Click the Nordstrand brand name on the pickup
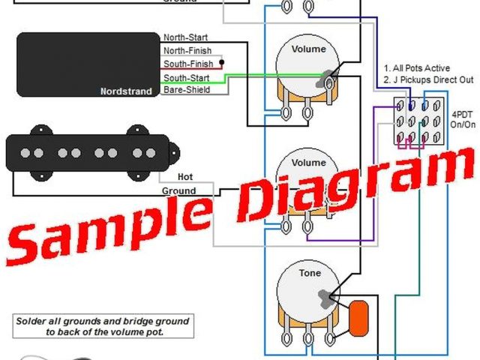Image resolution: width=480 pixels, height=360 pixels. [124, 91]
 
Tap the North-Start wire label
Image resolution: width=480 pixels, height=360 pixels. [185, 37]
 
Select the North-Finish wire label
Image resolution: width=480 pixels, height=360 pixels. [187, 50]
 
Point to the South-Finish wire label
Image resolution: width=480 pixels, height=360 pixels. [188, 64]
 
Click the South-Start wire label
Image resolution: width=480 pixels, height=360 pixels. [186, 77]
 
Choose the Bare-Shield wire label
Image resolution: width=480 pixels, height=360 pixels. [186, 90]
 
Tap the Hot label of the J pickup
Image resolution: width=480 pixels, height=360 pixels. [184, 177]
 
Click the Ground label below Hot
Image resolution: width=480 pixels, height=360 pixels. [179, 190]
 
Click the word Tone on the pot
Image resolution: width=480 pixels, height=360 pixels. [310, 274]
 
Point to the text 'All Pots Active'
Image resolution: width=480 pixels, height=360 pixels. [420, 68]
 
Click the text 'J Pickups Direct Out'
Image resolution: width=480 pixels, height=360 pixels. [427, 79]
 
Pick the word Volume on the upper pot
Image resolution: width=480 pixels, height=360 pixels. [308, 49]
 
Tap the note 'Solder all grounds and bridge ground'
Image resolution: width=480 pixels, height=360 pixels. [102, 321]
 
